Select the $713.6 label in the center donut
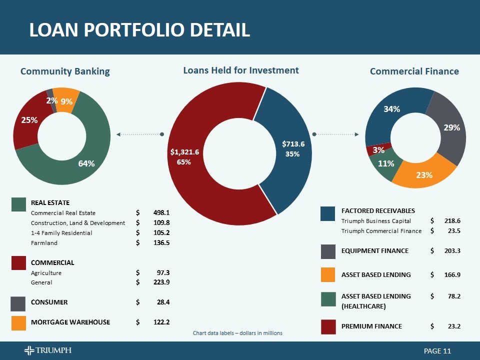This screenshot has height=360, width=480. click(293, 144)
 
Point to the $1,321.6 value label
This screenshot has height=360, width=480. click(184, 151)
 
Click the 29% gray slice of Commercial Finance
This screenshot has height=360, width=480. click(451, 128)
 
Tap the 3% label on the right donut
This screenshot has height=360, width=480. click(378, 149)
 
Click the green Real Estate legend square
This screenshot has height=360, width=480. click(19, 204)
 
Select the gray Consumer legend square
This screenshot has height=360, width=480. click(18, 303)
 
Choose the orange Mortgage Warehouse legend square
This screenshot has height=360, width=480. click(18, 323)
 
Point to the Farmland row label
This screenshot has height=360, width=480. click(44, 243)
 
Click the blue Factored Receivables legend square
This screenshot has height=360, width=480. click(328, 213)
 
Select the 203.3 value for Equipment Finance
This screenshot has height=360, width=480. click(452, 250)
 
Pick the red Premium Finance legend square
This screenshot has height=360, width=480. click(328, 326)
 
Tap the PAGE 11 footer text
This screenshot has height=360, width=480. click(437, 351)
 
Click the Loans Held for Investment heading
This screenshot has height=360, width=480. click(241, 70)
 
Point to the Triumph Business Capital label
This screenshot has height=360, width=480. click(376, 220)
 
